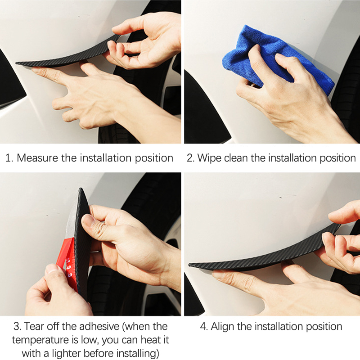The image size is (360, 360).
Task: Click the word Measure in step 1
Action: [37, 158]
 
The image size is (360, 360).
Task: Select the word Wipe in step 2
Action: [209, 158]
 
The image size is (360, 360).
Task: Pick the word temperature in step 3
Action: [40, 340]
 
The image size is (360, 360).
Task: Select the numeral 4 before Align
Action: [204, 327]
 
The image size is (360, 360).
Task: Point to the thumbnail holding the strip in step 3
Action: [89, 221]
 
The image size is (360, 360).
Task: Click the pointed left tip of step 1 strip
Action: [17, 63]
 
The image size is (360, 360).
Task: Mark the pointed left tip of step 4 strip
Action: [189, 265]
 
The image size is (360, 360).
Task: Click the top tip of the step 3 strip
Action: [81, 189]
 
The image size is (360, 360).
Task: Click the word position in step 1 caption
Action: [154, 158]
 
